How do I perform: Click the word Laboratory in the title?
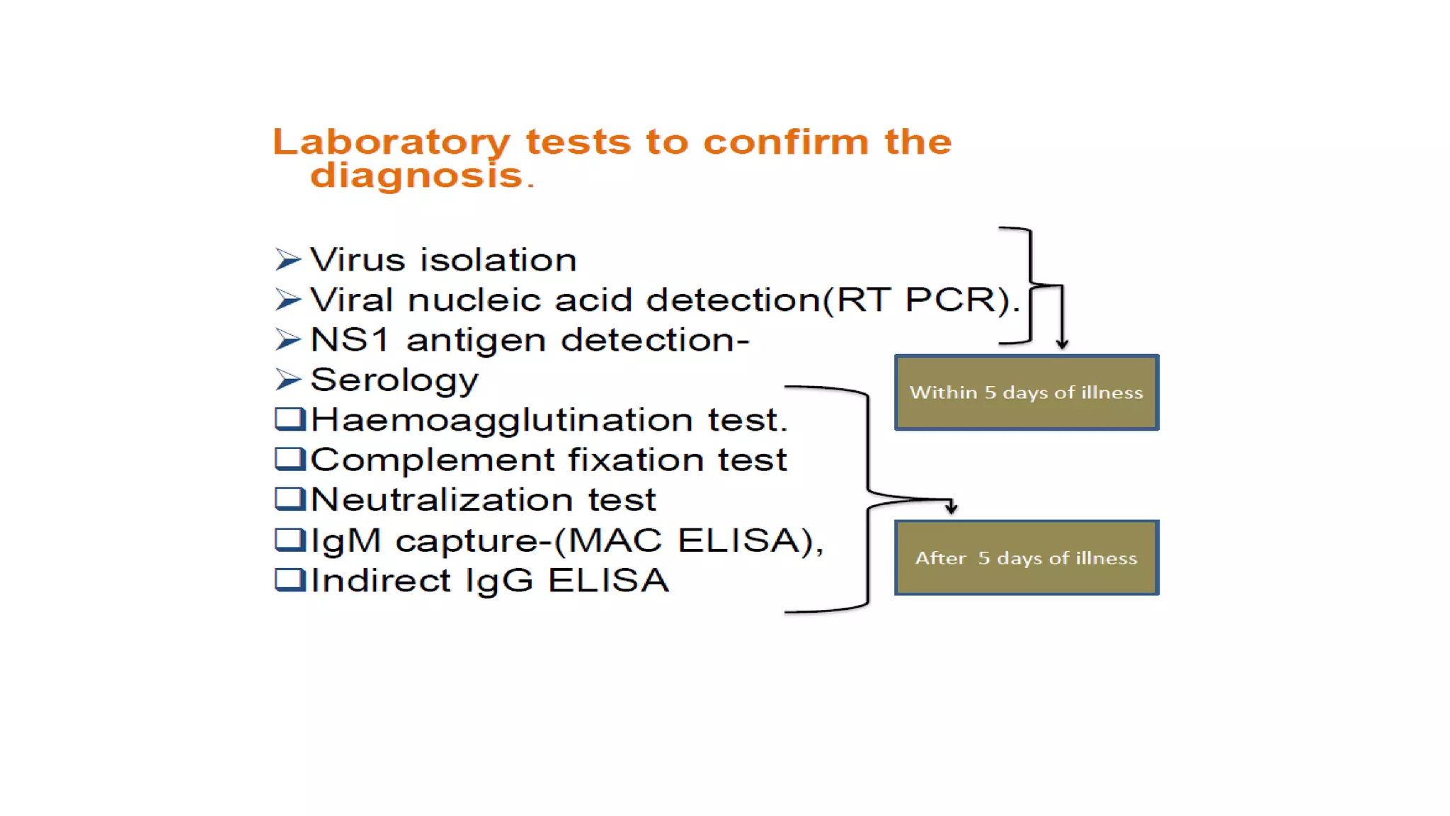(391, 142)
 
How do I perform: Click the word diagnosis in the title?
(416, 175)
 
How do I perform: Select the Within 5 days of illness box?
(1026, 392)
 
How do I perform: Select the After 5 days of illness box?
(1026, 558)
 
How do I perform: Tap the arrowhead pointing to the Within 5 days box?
(1062, 344)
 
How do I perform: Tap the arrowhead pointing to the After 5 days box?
(952, 507)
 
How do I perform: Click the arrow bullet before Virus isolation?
(288, 260)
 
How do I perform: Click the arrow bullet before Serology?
(288, 380)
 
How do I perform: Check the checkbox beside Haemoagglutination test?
(289, 419)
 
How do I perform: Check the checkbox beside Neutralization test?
(289, 499)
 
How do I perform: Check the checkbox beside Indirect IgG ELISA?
(289, 580)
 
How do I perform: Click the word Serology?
(394, 381)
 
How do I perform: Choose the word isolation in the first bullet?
(498, 260)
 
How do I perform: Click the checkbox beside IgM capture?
(289, 540)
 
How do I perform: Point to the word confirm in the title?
(785, 142)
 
